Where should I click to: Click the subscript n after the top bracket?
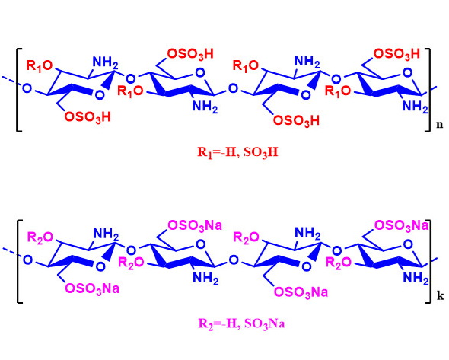440,125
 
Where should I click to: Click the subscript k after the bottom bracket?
441,296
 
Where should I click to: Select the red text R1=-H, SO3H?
237,152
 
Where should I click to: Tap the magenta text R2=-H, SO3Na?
241,323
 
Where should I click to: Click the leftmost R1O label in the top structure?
40,65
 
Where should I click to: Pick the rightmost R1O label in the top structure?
338,91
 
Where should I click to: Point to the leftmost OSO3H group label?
88,117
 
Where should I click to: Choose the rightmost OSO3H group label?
397,54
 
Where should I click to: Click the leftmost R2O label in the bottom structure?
40,237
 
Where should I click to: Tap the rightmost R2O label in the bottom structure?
339,263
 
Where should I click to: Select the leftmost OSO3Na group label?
92,288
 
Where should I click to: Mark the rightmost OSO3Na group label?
401,225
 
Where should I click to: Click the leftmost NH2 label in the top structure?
105,62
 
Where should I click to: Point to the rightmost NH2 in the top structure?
416,107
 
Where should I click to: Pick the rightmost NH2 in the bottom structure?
416,278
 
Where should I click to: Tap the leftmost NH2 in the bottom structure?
106,234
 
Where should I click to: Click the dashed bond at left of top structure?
11,81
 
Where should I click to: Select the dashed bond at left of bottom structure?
11,252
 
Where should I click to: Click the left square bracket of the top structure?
18,91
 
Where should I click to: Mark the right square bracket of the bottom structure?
429,261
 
